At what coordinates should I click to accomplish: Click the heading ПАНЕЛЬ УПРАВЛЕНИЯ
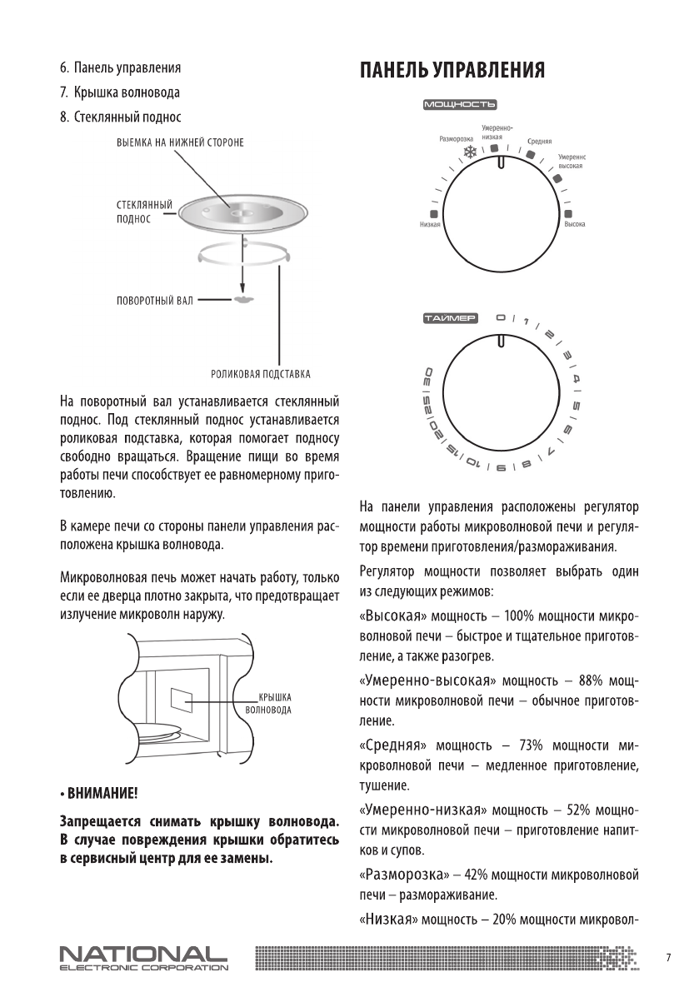tap(452, 70)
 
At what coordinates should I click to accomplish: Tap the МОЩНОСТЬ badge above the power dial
tap(460, 105)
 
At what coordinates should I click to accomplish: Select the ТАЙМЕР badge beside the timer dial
tap(451, 318)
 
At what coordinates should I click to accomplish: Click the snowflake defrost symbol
tap(471, 152)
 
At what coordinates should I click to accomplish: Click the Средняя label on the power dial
tap(540, 142)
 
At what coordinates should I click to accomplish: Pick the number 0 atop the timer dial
tap(500, 317)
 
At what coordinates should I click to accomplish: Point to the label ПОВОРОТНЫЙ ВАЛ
tap(155, 299)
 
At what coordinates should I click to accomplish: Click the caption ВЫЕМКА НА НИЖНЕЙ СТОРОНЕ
tap(180, 142)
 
